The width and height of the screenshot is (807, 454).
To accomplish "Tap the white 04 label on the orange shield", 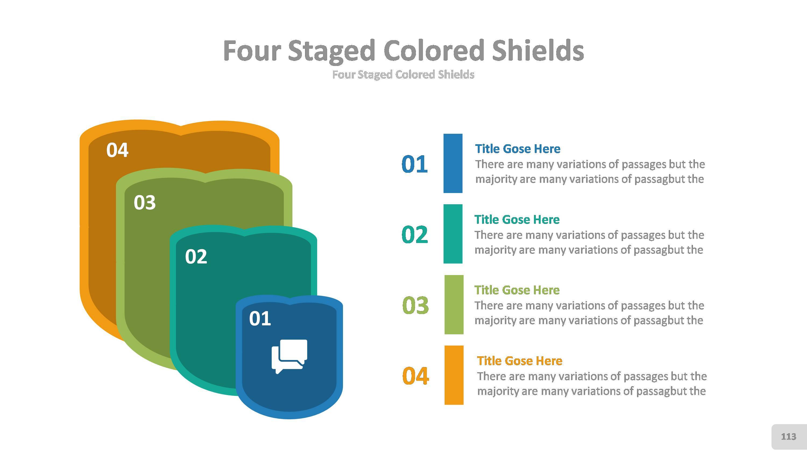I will coord(117,150).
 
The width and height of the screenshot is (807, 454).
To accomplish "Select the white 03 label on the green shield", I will coord(144,202).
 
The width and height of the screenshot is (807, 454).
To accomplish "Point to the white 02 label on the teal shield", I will coord(196,257).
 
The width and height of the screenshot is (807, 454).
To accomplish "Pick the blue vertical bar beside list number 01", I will coord(453,163).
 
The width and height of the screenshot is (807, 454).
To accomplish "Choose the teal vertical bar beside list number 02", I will coord(453,234).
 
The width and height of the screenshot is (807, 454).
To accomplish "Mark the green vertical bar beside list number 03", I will coord(454,305).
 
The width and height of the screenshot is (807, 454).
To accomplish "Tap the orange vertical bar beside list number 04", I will coord(454,375).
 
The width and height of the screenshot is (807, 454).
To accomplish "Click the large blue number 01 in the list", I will coord(415,164).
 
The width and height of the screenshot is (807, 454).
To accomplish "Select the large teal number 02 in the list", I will coord(415,234).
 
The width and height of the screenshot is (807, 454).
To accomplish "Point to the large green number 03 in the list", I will coord(415,305).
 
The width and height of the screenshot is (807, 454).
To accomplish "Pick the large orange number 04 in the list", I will coord(415,376).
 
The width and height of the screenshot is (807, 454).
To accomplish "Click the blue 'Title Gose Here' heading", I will coord(518,149).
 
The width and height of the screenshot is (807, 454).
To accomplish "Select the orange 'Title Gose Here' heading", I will coord(519,361).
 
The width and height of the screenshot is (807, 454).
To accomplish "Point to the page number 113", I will coord(788,437).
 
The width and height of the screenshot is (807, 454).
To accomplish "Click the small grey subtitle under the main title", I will coord(403,75).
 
